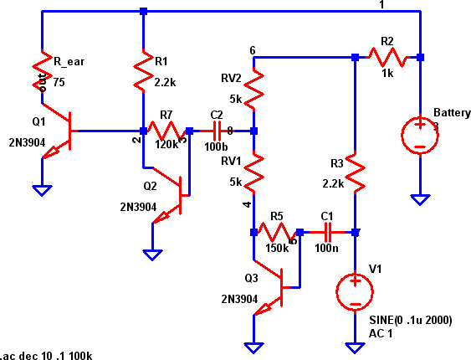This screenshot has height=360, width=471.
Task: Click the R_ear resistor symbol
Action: pyautogui.click(x=41, y=69)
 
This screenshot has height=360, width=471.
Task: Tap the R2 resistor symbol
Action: pyautogui.click(x=387, y=57)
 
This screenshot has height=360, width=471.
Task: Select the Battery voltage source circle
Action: pyautogui.click(x=420, y=135)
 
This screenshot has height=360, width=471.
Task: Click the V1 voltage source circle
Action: pyautogui.click(x=356, y=291)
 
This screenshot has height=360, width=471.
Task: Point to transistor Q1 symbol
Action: pyautogui.click(x=59, y=131)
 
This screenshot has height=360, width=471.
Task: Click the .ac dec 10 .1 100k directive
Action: pyautogui.click(x=47, y=355)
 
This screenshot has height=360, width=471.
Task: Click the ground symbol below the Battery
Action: pyautogui.click(x=420, y=199)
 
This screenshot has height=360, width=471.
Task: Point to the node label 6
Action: pyautogui.click(x=253, y=50)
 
